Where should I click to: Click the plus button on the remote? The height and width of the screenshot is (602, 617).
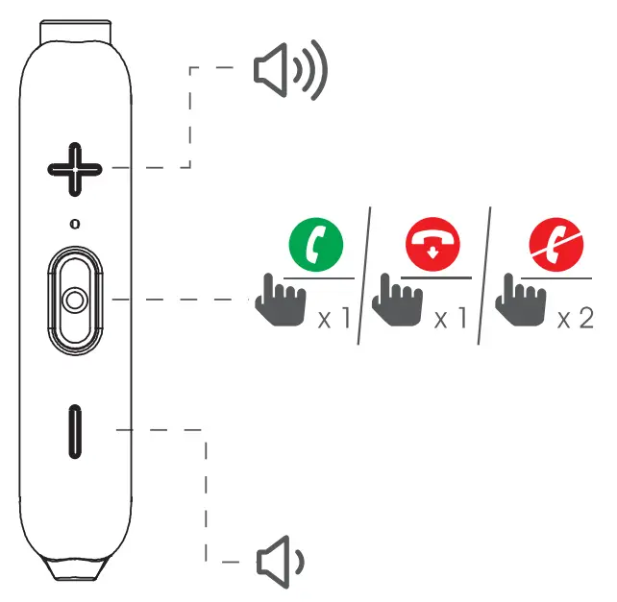coord(75,170)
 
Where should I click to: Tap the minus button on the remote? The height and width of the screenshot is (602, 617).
coord(75,431)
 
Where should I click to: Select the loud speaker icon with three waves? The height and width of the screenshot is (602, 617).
coord(288,73)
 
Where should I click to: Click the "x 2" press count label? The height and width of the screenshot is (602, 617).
coord(576,318)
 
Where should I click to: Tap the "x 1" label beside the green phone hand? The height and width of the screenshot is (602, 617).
coord(335,318)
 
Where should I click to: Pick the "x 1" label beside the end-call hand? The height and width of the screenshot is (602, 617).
coord(451,318)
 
